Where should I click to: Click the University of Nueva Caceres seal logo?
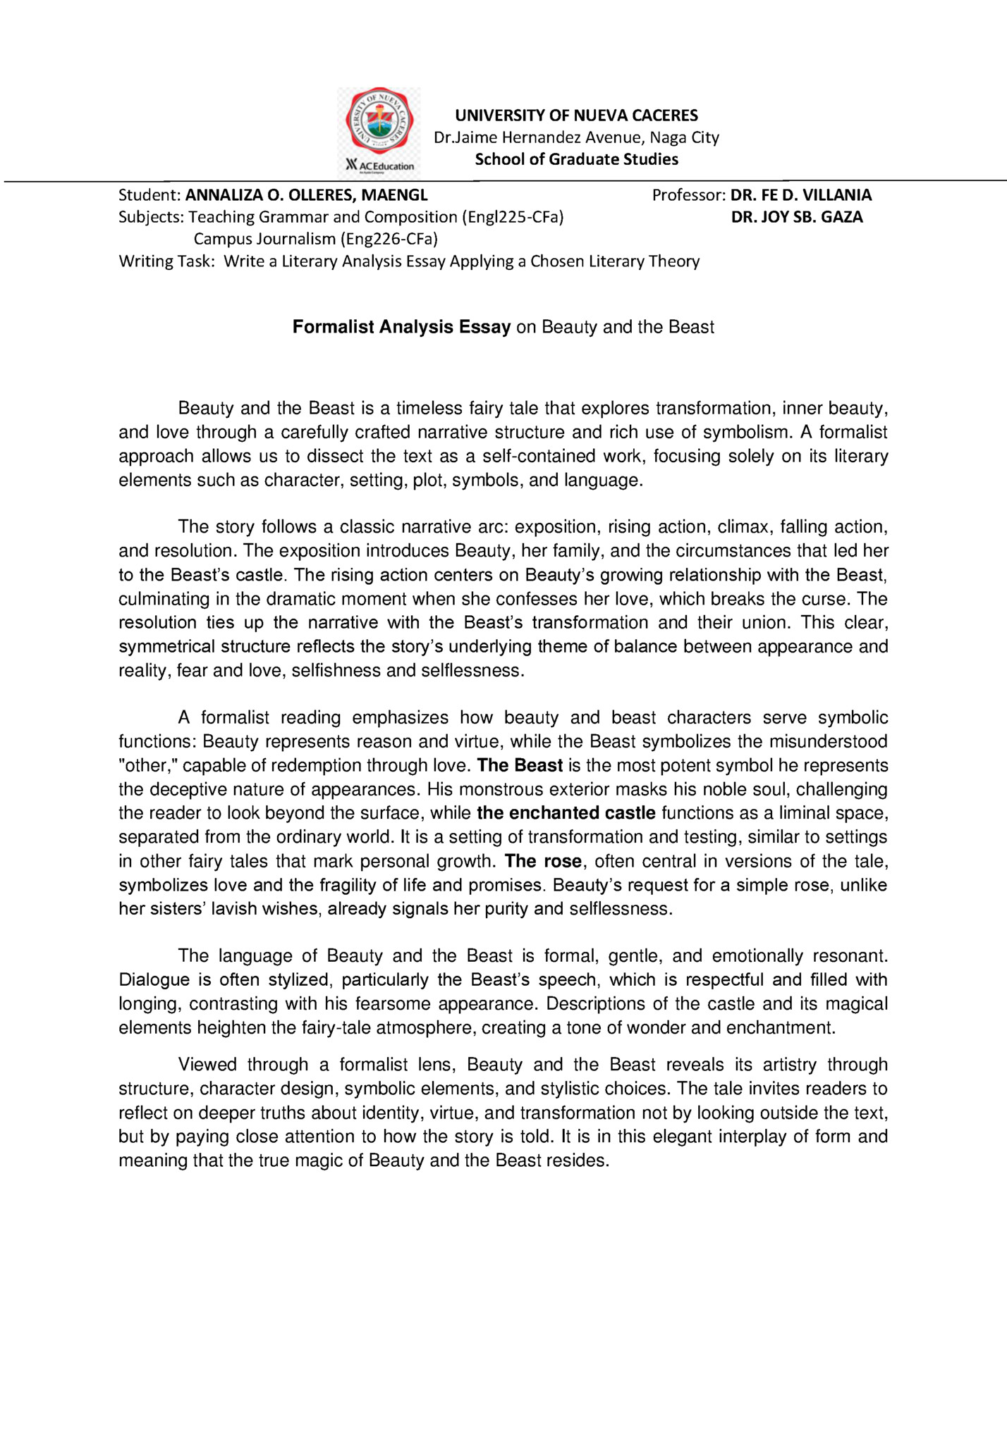point(379,121)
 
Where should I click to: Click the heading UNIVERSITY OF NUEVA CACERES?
point(576,116)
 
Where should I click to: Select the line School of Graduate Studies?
point(576,159)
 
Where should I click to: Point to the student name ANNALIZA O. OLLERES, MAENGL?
point(306,195)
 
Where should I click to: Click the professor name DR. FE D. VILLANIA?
point(801,195)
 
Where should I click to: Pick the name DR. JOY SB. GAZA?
point(797,217)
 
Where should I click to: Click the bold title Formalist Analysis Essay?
point(401,327)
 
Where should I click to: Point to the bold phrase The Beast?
point(520,765)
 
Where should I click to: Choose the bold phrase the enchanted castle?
point(566,813)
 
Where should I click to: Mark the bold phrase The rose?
point(543,861)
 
